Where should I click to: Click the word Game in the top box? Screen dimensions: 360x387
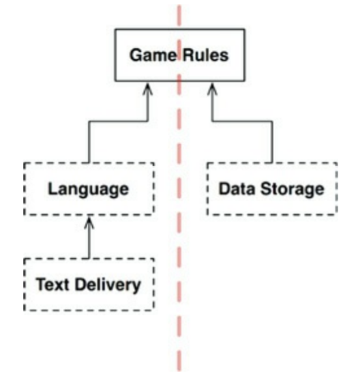pyautogui.click(x=153, y=55)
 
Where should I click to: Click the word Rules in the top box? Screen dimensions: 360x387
pyautogui.click(x=205, y=55)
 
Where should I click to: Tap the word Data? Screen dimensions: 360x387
pyautogui.click(x=237, y=189)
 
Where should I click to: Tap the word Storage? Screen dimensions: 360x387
pyautogui.click(x=292, y=190)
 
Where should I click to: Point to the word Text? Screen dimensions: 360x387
pyautogui.click(x=52, y=284)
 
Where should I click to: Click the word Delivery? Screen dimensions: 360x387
pyautogui.click(x=108, y=285)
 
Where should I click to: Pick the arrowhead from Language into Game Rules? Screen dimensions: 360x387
pyautogui.click(x=147, y=89)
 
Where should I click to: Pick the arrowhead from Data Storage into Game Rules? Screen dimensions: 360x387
pyautogui.click(x=212, y=89)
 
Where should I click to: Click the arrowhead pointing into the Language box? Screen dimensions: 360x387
pyautogui.click(x=89, y=222)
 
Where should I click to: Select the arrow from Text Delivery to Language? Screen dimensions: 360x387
pyautogui.click(x=89, y=237)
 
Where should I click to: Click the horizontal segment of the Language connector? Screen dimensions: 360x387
pyautogui.click(x=118, y=121)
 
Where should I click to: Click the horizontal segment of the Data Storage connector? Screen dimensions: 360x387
pyautogui.click(x=242, y=121)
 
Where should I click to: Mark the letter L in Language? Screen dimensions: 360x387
pyautogui.click(x=52, y=188)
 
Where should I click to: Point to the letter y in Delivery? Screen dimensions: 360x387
pyautogui.click(x=136, y=287)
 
